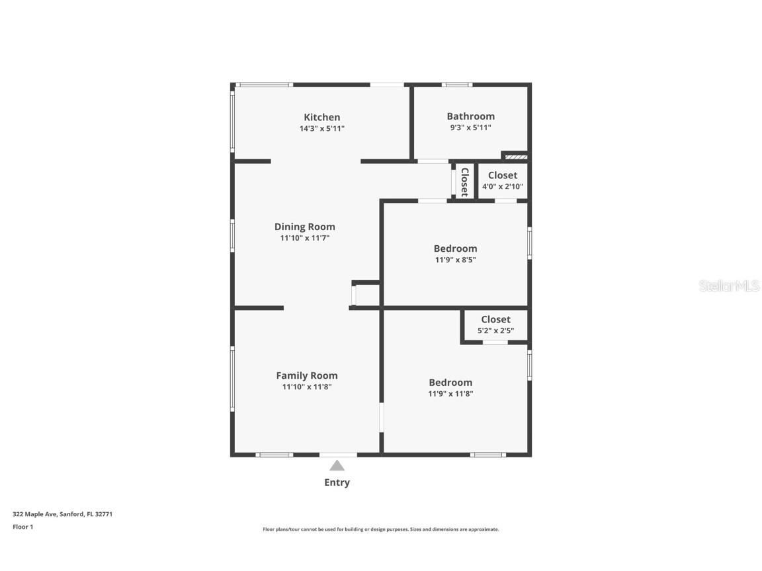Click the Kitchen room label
tap(321, 117)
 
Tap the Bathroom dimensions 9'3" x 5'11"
tap(470, 128)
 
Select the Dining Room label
tap(304, 227)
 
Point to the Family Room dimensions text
tap(306, 387)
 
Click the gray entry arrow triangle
tap(337, 465)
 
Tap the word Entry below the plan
tap(337, 482)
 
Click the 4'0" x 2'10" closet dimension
tap(502, 186)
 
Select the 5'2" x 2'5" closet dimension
tap(495, 330)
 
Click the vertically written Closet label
tap(464, 182)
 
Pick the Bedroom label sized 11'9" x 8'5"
tap(455, 248)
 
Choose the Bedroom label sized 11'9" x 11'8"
tap(450, 382)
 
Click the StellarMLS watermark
tap(730, 285)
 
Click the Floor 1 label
tap(22, 527)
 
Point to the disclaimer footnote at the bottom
tap(381, 529)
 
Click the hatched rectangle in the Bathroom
tap(516, 157)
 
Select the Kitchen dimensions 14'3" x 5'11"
tap(321, 128)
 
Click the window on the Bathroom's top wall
tap(456, 85)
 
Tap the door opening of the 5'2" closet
tap(495, 342)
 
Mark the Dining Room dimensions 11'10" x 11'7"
tap(304, 238)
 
